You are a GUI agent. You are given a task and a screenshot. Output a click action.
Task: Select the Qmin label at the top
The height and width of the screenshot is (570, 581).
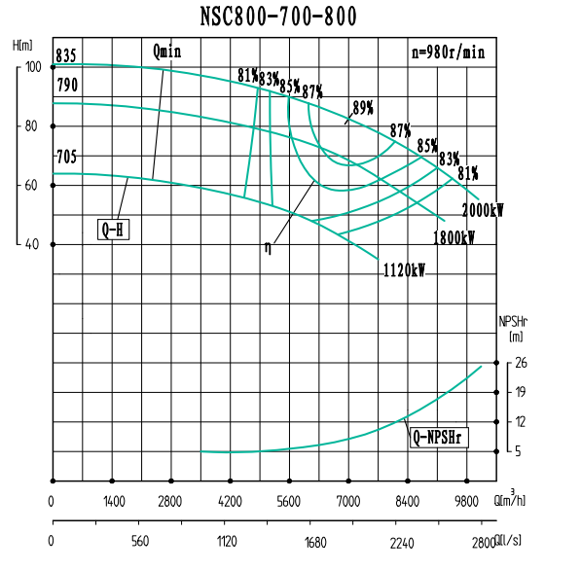166,52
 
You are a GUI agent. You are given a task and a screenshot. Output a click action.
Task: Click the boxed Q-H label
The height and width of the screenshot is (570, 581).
114,230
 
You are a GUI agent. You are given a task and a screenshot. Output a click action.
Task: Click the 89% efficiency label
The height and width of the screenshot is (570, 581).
363,107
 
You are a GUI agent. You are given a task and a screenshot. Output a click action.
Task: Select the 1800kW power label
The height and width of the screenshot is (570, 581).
454,237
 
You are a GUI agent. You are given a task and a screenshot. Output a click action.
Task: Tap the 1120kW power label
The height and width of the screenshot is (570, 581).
405,270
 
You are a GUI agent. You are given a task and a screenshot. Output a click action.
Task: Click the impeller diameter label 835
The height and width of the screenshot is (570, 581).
66,55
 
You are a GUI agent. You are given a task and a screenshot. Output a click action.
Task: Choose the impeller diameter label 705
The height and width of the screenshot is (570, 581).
66,157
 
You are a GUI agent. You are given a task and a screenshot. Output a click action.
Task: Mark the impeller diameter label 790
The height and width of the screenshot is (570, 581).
66,87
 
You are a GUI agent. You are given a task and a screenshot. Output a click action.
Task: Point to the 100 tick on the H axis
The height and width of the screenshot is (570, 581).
33,66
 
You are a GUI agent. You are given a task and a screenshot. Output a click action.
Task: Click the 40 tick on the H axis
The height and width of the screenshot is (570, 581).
33,244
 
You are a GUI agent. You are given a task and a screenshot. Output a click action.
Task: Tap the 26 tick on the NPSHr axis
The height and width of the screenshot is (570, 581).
522,363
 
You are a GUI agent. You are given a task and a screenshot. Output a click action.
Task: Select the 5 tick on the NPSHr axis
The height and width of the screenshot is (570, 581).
522,451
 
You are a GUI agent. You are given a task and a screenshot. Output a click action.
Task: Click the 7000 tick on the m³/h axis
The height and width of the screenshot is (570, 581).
348,502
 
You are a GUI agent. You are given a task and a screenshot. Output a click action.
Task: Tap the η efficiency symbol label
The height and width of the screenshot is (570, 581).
268,248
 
